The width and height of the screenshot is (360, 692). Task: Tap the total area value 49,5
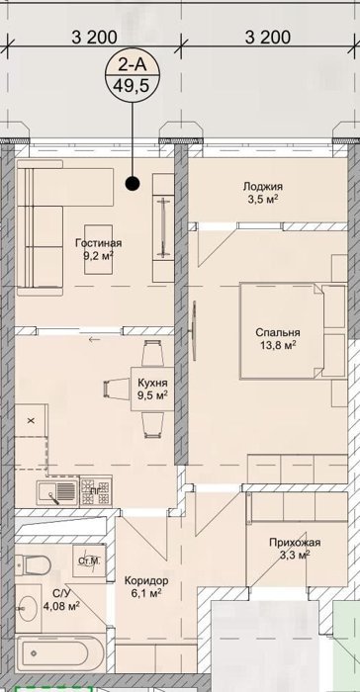[x=133, y=84]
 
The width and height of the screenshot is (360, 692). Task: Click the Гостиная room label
[x=98, y=243]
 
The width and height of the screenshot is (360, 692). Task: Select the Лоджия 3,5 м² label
[x=263, y=193]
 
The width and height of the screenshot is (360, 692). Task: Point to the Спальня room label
[x=278, y=333]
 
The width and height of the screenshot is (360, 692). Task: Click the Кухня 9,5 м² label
[x=152, y=388]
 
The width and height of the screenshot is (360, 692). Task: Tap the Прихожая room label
[x=295, y=543]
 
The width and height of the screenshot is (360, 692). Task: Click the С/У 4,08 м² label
[x=61, y=599]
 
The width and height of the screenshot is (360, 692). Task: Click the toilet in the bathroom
[x=33, y=564]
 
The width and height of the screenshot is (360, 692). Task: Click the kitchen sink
[x=57, y=491]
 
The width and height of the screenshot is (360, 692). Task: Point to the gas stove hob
[x=96, y=491]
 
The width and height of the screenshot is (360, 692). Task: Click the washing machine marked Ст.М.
[x=90, y=561]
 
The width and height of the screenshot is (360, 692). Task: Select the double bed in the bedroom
[x=281, y=331]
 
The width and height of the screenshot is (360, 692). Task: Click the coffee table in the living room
[x=99, y=249]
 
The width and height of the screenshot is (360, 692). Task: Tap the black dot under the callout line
[x=133, y=183]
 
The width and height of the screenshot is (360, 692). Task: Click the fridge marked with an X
[x=31, y=420]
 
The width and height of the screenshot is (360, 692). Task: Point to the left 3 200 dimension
[x=95, y=38]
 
